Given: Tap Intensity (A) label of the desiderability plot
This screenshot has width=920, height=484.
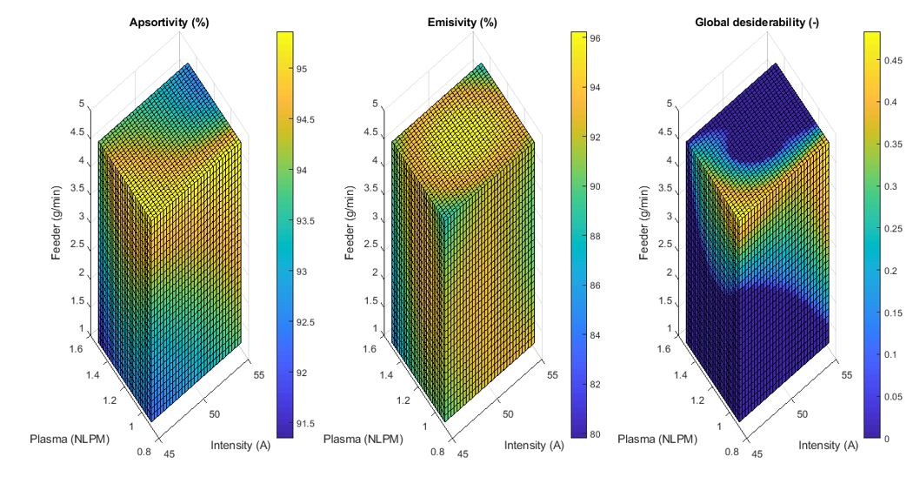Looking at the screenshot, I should point(828,446).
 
